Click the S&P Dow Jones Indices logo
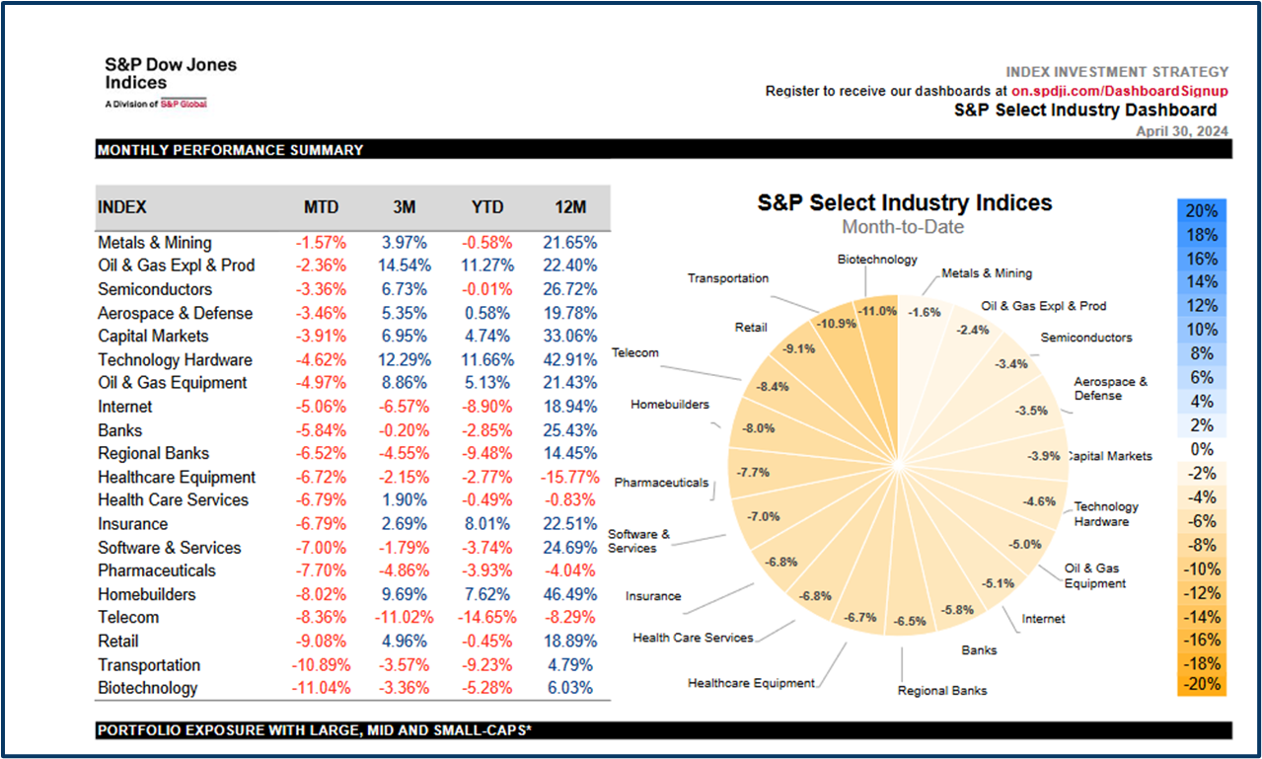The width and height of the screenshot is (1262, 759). point(170,80)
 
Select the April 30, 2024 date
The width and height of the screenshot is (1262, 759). point(1182,131)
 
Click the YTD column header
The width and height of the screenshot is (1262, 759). point(487,207)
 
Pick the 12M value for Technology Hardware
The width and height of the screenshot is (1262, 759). point(569,360)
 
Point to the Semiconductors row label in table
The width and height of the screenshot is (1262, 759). point(155,289)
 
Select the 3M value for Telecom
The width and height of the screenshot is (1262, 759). point(404,618)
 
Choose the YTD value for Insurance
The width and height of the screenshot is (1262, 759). point(487,524)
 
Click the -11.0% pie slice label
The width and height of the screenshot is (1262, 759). point(877,310)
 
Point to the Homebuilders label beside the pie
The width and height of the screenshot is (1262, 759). point(670,405)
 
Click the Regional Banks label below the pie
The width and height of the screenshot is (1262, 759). point(942,690)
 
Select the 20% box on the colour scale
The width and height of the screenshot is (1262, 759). point(1202,211)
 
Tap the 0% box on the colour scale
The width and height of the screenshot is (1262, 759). point(1202,449)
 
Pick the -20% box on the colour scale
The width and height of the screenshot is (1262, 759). point(1202,684)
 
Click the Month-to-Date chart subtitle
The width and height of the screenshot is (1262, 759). point(903,228)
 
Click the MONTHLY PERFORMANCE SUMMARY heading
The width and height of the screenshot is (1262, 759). point(231,150)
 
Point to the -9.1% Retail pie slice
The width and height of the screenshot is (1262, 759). point(799,348)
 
